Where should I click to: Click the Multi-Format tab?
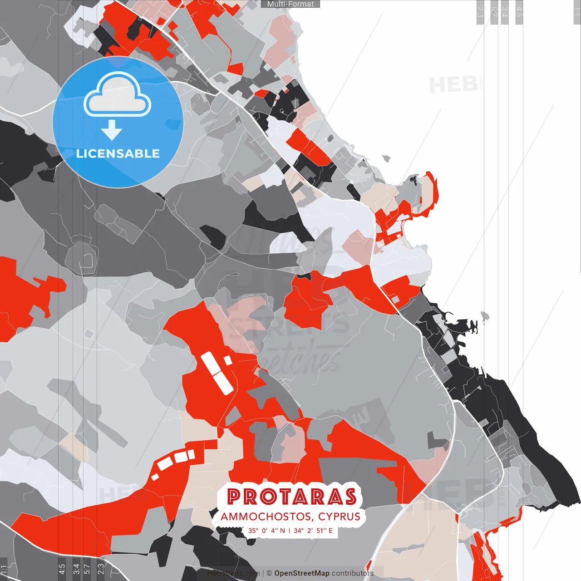(290, 4)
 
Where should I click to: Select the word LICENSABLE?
(118, 153)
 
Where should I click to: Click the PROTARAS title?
(291, 497)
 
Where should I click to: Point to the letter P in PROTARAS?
(233, 497)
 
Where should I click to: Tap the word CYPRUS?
(339, 517)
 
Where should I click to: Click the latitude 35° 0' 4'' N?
(266, 531)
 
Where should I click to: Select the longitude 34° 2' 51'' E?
(313, 531)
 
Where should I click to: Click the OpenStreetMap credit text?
(302, 573)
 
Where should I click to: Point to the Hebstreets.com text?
(234, 573)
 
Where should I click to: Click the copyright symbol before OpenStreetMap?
(269, 573)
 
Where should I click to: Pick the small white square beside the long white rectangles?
(227, 360)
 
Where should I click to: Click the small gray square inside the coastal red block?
(396, 299)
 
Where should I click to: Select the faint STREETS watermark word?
(290, 323)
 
